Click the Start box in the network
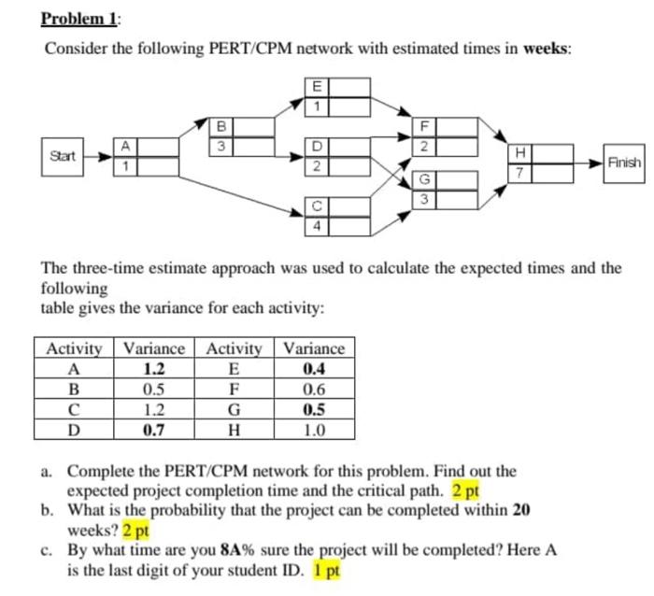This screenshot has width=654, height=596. [x=63, y=153]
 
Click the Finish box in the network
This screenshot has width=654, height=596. [x=623, y=162]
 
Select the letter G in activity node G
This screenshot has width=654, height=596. [x=425, y=178]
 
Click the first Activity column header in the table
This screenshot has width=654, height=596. [x=74, y=348]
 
